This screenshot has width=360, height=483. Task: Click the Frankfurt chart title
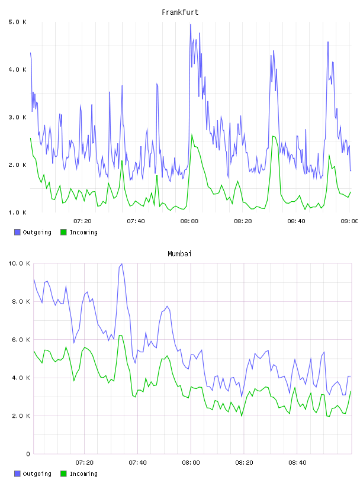tap(180, 12)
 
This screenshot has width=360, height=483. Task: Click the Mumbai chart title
tap(179, 254)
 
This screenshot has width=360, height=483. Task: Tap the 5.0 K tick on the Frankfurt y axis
tap(17, 22)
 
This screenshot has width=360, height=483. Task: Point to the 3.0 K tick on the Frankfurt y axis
tap(17, 117)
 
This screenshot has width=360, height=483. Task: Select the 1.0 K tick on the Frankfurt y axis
tap(17, 212)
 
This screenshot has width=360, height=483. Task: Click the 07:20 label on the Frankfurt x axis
tap(82, 221)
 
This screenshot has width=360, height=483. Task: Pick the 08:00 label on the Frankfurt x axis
tap(189, 221)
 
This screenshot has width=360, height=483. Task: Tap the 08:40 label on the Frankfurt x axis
tap(296, 221)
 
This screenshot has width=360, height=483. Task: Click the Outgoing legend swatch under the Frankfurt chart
tap(17, 232)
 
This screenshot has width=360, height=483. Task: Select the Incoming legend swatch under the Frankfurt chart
tap(63, 232)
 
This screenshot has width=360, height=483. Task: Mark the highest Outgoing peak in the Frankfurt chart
tap(191, 24)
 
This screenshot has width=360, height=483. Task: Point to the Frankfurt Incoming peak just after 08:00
tap(192, 134)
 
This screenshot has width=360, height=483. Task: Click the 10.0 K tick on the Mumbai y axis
tap(19, 263)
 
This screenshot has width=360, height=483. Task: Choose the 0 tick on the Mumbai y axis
tap(28, 454)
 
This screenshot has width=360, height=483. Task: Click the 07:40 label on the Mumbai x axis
tap(137, 462)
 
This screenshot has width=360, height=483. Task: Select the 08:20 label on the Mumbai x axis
tap(244, 462)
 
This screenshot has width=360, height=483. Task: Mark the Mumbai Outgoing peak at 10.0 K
tap(122, 263)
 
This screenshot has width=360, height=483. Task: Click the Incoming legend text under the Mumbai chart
tap(83, 474)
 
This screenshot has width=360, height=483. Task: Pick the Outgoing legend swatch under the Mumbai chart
tap(17, 474)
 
